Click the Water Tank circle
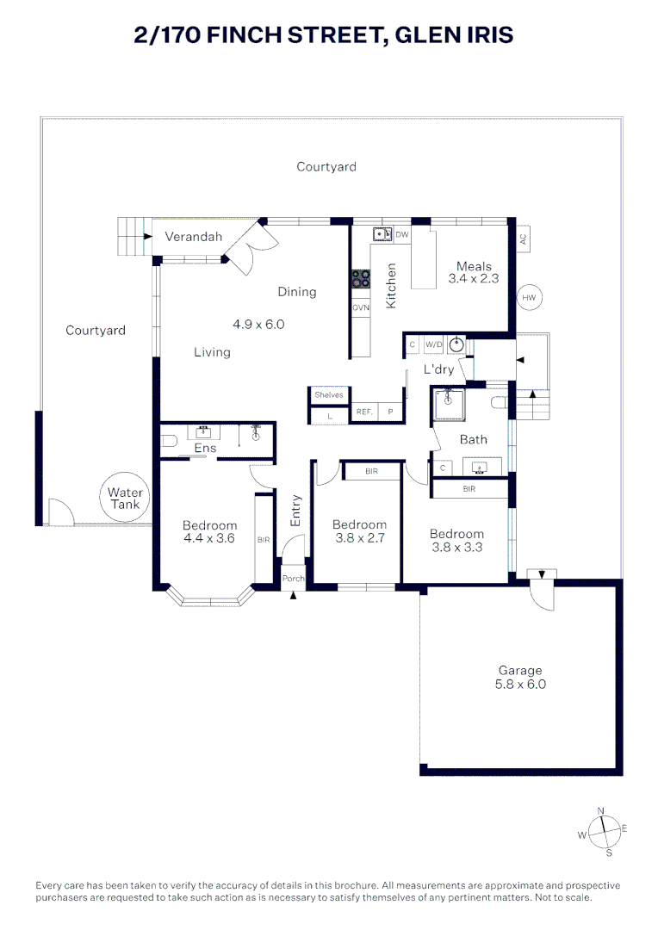coord(126,499)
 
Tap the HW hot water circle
coord(529,298)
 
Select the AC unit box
coord(523,239)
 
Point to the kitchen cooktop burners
coord(360,280)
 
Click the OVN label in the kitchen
coord(360,307)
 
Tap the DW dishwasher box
coord(402,234)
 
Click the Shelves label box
coord(328,394)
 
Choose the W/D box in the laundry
coord(433,345)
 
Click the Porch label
coord(294,579)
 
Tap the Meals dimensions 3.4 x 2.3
coord(474,279)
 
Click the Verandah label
coord(194,237)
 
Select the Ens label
coord(205,449)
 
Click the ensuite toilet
coord(169,442)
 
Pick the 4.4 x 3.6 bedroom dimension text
coord(209,539)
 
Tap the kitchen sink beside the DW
coord(382,234)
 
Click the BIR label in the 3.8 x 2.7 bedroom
coord(371,471)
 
